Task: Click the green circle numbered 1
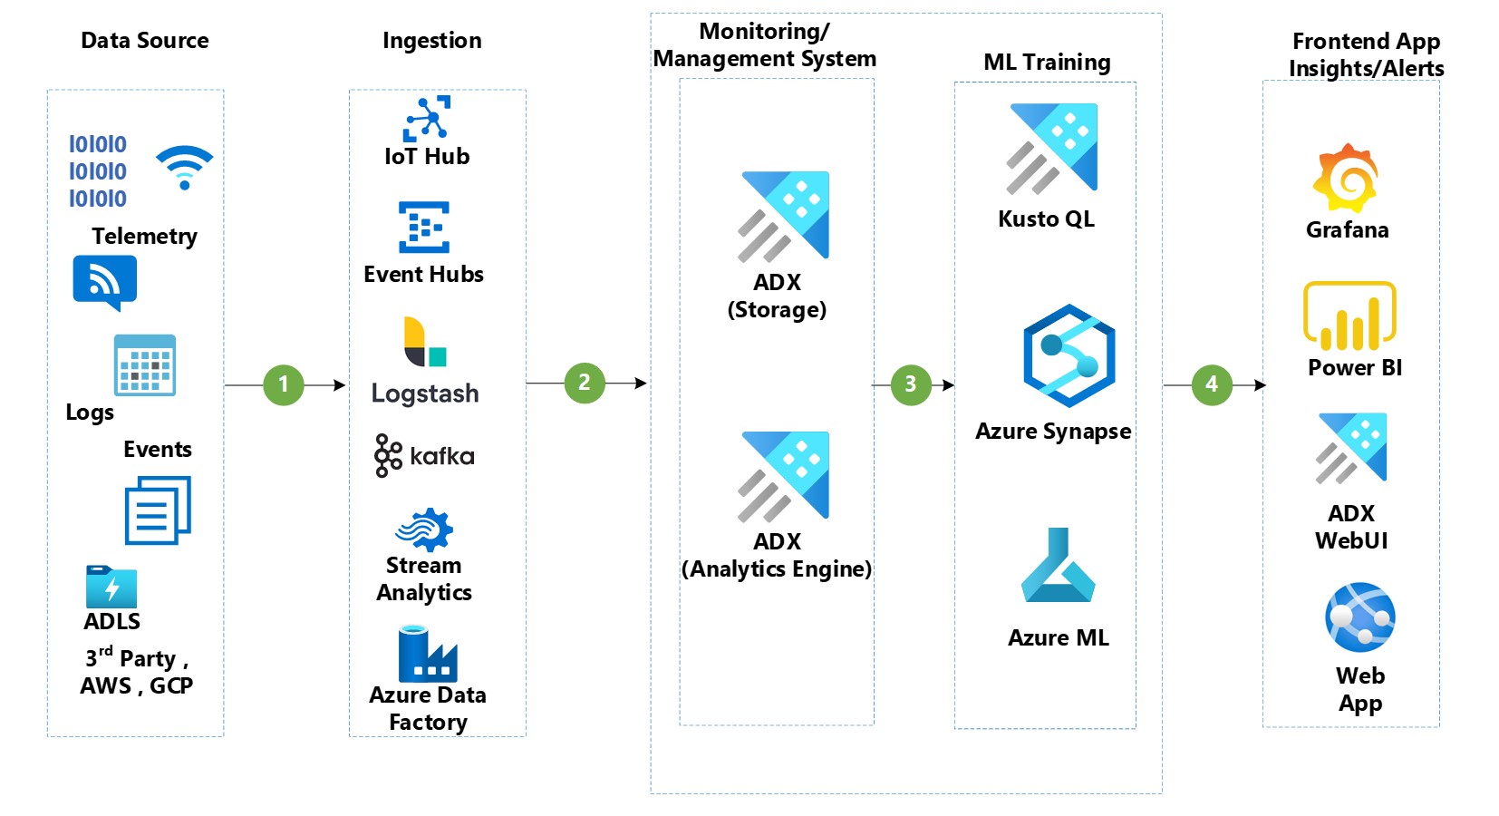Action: [x=284, y=384]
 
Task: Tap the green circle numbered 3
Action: [x=911, y=384]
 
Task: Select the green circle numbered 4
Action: [x=1212, y=384]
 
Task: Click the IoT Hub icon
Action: [x=427, y=119]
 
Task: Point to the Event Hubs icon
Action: [x=424, y=227]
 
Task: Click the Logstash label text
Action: [x=425, y=393]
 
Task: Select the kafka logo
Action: [x=424, y=455]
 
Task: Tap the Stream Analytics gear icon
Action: [x=424, y=529]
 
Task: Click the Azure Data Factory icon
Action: [x=427, y=654]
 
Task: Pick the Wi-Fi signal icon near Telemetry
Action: [x=185, y=167]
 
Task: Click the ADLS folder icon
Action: [x=111, y=587]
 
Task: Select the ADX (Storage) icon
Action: [x=784, y=216]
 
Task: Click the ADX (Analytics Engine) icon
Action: [x=784, y=476]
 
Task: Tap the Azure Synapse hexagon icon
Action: [x=1069, y=355]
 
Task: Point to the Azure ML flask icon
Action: [x=1058, y=567]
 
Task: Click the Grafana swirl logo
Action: [x=1346, y=178]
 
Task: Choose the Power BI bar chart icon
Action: [x=1349, y=316]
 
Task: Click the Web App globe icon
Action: [x=1359, y=617]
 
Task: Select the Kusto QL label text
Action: [x=1046, y=219]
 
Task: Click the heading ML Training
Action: [x=1047, y=62]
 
